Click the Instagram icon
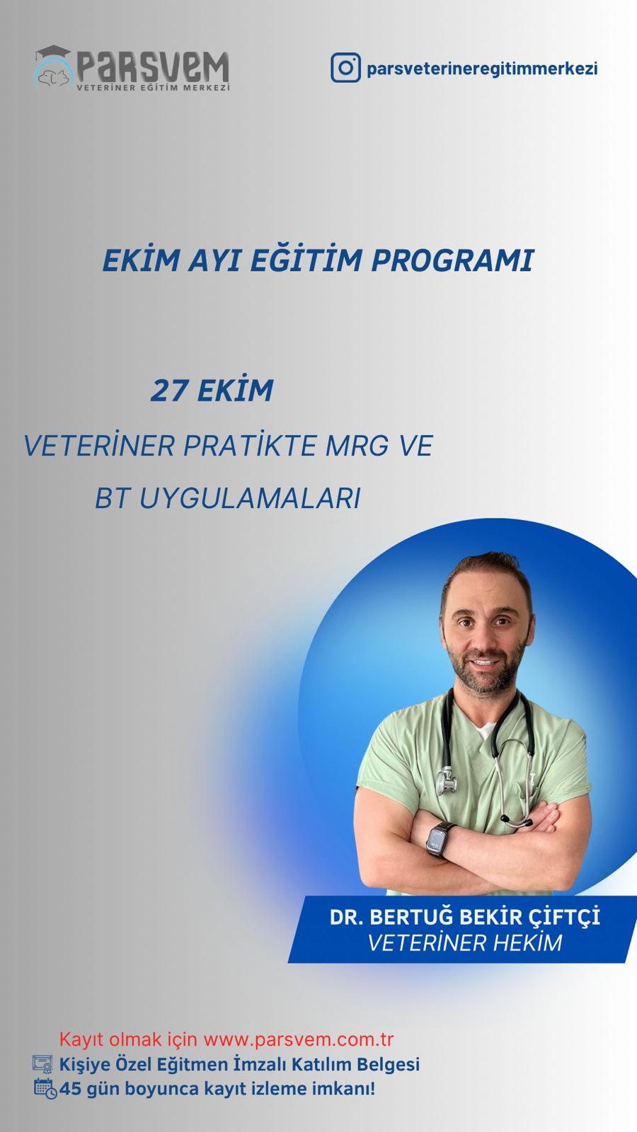pos(346,68)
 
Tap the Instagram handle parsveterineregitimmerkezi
pos(482,68)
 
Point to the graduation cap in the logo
pos(52,52)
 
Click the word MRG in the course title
pos(357,445)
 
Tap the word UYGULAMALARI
pos(251,498)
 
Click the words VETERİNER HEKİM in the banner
pos(464,943)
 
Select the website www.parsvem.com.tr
pos(298,1039)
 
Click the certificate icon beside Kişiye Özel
pos(42,1064)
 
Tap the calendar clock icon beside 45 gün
pos(45,1089)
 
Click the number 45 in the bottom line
pos(70,1089)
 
